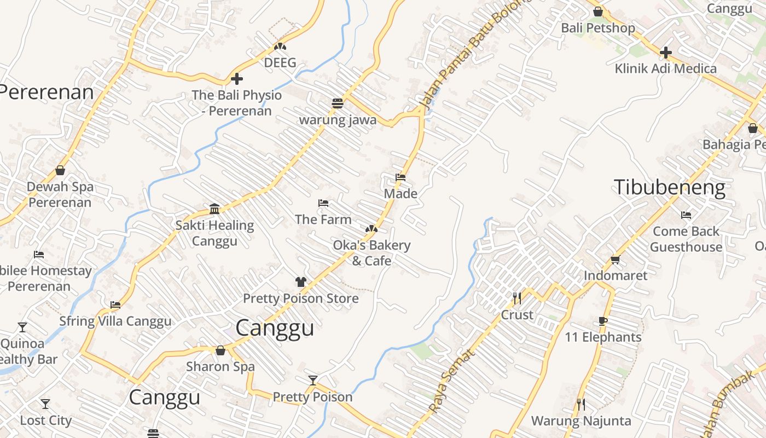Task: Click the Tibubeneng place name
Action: pyautogui.click(x=669, y=187)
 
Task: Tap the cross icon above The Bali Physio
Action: pyautogui.click(x=236, y=79)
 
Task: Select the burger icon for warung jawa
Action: pyautogui.click(x=338, y=103)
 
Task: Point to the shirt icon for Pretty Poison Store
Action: pyautogui.click(x=300, y=282)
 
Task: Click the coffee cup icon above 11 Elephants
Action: pyautogui.click(x=603, y=321)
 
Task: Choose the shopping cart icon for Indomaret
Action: pyautogui.click(x=615, y=260)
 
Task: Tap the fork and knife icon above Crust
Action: pyautogui.click(x=517, y=298)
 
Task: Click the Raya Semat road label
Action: pyautogui.click(x=452, y=381)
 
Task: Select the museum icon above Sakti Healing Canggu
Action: pyautogui.click(x=214, y=209)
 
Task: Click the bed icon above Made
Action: pyautogui.click(x=401, y=177)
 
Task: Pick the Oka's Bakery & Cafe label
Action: pyautogui.click(x=372, y=252)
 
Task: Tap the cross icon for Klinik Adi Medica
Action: pyautogui.click(x=665, y=53)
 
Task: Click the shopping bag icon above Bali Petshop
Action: pyautogui.click(x=598, y=11)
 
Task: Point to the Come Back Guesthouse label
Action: pyautogui.click(x=686, y=239)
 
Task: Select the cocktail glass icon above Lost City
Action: pyautogui.click(x=45, y=404)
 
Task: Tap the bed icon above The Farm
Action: pyautogui.click(x=323, y=203)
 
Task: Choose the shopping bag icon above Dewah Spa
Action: pyautogui.click(x=60, y=170)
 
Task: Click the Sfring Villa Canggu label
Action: pyautogui.click(x=115, y=321)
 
